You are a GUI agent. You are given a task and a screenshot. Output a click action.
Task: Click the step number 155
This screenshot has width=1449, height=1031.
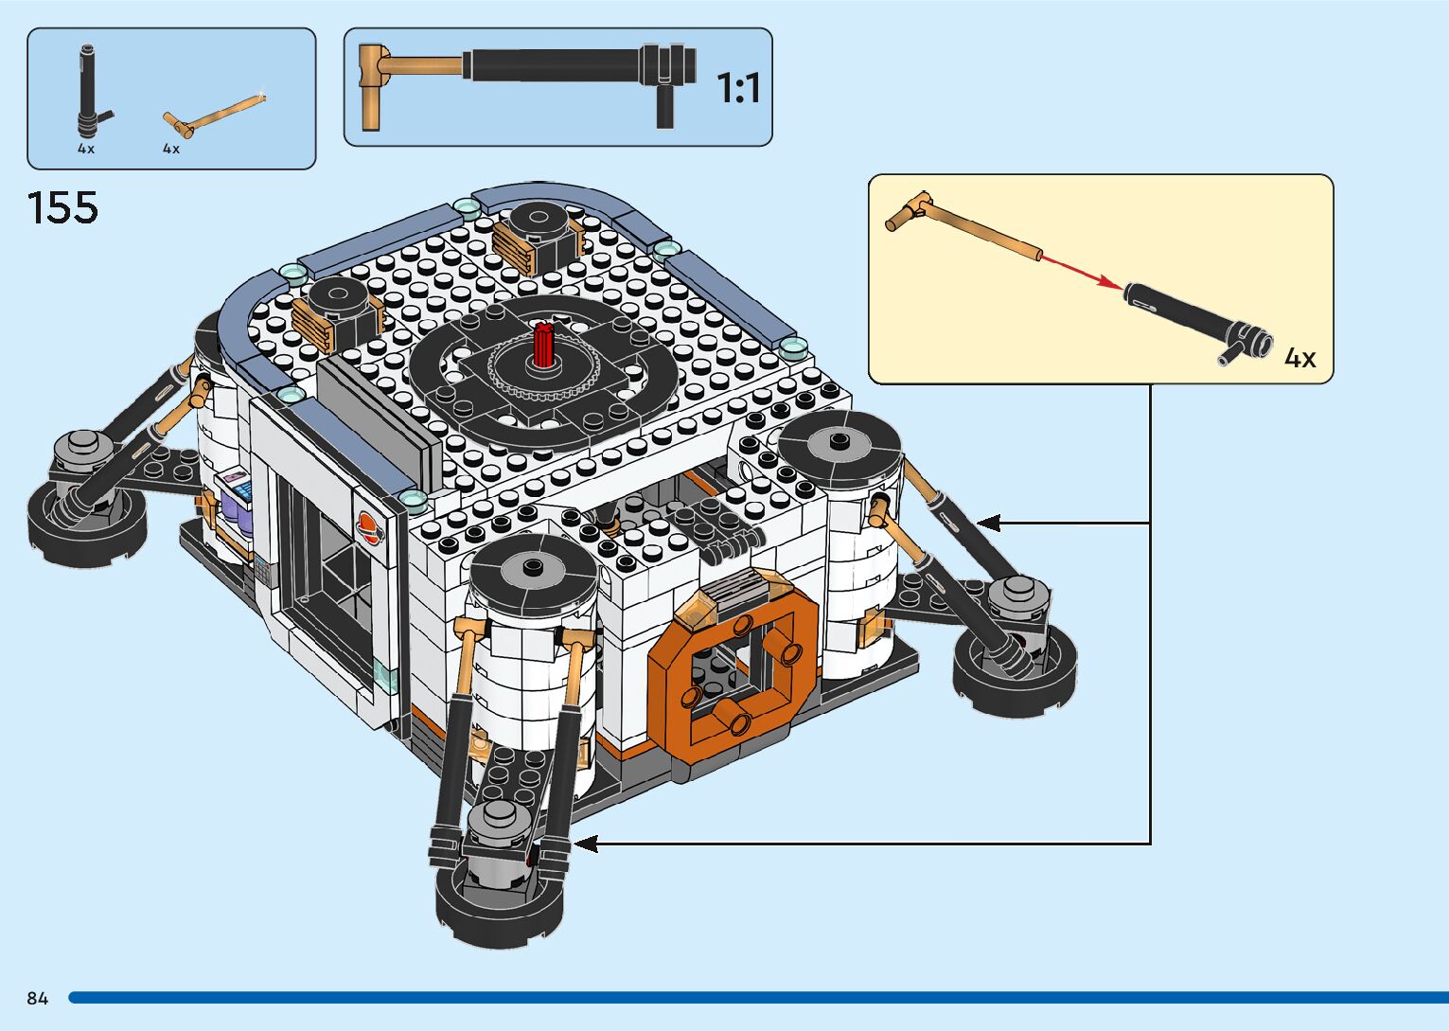(x=62, y=207)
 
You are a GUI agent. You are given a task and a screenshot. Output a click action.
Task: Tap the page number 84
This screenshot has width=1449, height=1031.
(x=38, y=998)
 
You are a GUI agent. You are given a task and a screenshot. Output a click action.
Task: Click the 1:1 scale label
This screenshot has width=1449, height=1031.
(x=738, y=88)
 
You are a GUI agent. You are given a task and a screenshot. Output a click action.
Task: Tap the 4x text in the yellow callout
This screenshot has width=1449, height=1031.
(x=1299, y=358)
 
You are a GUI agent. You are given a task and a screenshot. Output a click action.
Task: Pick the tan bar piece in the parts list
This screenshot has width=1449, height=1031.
(x=214, y=116)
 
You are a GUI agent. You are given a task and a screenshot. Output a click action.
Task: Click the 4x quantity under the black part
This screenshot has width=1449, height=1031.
(x=86, y=149)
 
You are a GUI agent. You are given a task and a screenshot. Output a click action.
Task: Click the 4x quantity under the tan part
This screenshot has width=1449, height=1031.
(x=171, y=149)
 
